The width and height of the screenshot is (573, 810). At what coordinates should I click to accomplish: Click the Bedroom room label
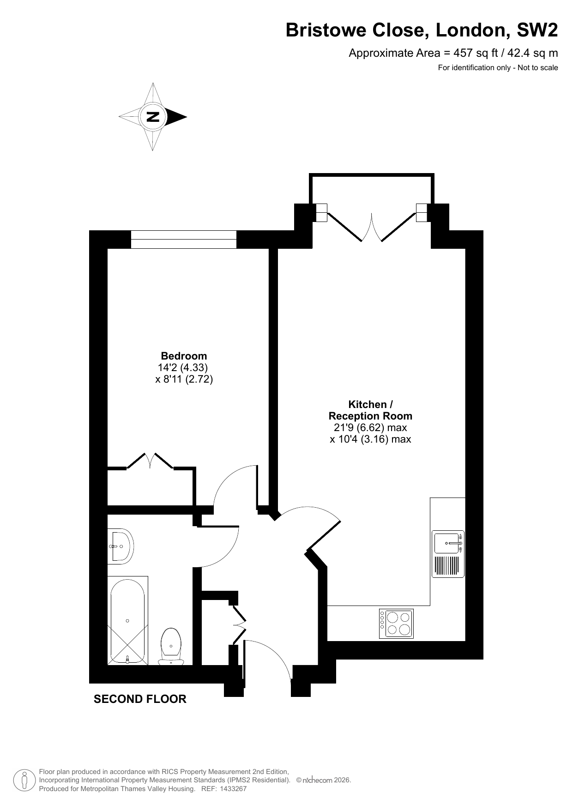click(184, 356)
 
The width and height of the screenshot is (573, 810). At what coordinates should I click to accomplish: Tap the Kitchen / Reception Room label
click(370, 410)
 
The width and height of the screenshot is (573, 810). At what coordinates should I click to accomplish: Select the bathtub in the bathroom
click(128, 620)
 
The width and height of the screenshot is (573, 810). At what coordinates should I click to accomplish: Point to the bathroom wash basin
click(121, 546)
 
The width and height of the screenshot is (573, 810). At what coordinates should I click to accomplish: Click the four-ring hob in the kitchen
click(396, 624)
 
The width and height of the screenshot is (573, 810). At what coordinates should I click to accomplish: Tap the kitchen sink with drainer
click(448, 554)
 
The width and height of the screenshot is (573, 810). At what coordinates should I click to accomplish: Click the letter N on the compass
click(153, 117)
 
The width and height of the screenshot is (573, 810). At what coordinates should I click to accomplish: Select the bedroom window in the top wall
click(184, 239)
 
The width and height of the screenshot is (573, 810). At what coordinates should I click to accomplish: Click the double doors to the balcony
click(372, 227)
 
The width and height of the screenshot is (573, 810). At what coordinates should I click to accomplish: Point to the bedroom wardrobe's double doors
click(150, 461)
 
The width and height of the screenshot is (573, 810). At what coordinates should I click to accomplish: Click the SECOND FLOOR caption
click(140, 699)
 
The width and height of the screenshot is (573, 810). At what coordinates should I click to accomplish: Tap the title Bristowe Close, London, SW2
click(422, 30)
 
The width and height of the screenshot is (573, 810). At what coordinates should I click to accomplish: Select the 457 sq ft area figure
click(477, 53)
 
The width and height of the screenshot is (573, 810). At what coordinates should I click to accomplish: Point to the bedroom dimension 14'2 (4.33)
click(183, 368)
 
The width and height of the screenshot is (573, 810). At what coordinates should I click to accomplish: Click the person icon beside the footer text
click(25, 780)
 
